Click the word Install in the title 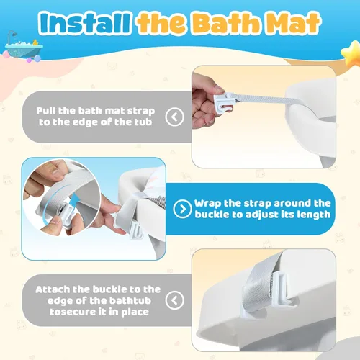(84, 23)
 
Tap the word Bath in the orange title (226, 23)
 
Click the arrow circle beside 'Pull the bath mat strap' (174, 117)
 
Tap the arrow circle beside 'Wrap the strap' (182, 209)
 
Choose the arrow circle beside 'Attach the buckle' (174, 300)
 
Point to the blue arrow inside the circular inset (75, 201)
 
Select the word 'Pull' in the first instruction (46, 111)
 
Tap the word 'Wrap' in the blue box (208, 204)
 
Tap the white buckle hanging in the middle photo (136, 230)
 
